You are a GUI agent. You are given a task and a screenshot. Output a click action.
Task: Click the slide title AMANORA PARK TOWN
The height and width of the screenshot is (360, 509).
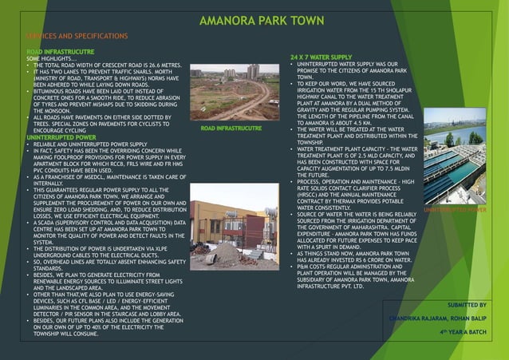point(253,19)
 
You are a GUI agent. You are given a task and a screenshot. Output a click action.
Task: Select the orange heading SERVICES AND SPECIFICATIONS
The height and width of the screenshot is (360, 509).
point(77,37)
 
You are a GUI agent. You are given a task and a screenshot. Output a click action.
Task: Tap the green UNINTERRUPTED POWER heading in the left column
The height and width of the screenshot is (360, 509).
point(61,137)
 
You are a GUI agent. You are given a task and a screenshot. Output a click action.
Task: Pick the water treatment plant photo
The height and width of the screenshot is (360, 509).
point(455,155)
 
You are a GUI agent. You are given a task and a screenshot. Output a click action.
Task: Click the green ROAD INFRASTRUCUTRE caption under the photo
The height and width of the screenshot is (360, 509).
point(231,128)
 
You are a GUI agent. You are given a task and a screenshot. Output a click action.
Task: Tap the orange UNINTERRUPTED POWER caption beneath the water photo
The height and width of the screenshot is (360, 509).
point(456,210)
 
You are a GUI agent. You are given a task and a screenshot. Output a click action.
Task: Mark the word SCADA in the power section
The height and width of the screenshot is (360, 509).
point(45,222)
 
